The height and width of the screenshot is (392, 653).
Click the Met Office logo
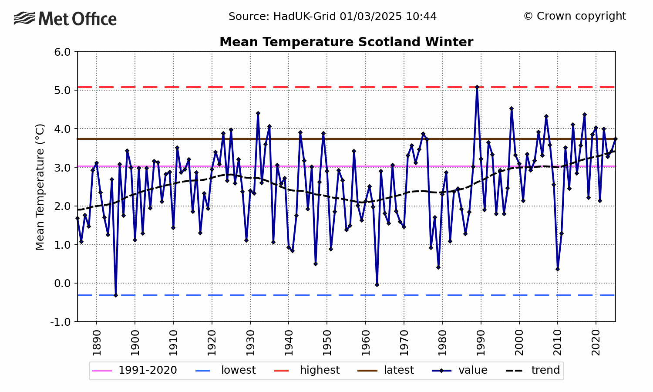coord(65,19)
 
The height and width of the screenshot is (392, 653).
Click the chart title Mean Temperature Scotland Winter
coord(346,42)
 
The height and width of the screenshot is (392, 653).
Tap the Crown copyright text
coord(574,16)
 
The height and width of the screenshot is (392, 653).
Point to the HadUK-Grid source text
coord(333,17)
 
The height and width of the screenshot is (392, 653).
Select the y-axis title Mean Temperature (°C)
coord(40,187)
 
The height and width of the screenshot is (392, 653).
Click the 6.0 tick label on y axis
coord(62,52)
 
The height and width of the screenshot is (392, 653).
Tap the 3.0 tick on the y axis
coord(62,168)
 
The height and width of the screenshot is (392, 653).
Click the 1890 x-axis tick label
coord(97,343)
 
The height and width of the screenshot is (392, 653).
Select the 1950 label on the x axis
coord(327,343)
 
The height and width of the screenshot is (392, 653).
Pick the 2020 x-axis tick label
coord(596,343)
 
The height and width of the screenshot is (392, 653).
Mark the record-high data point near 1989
coord(477,87)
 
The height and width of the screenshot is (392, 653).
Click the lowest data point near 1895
coord(116,295)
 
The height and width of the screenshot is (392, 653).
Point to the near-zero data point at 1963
coord(377,285)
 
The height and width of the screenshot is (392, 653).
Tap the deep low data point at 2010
coord(558,269)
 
